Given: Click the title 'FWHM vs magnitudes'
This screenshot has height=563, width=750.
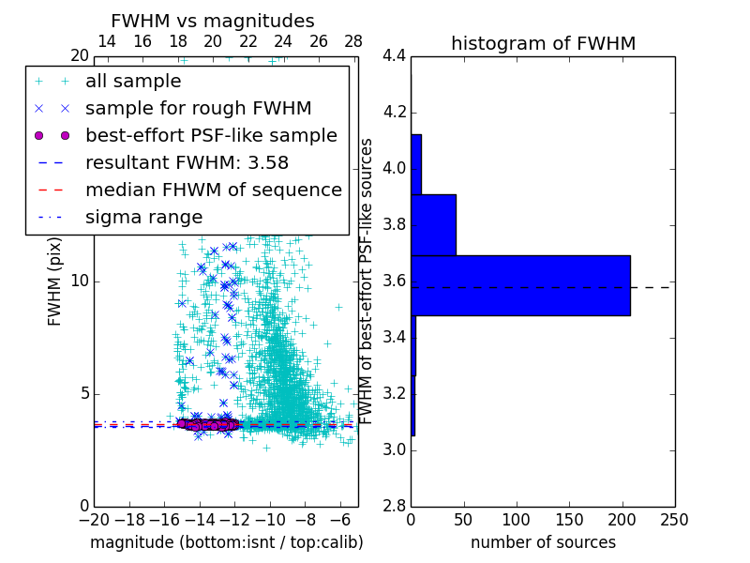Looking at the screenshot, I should [x=213, y=21].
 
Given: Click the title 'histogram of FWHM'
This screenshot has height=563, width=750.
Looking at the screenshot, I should [x=543, y=43].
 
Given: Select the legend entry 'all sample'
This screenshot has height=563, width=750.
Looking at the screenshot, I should [x=133, y=82].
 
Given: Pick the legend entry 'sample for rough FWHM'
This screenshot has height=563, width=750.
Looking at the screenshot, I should [x=199, y=108].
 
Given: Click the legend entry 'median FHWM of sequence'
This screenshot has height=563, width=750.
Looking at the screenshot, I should [x=214, y=190].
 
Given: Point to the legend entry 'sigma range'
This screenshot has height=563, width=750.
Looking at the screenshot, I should [x=143, y=217].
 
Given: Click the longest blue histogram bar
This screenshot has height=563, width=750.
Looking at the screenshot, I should [x=520, y=285].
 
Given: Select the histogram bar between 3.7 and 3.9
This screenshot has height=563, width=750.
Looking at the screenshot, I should [x=433, y=224].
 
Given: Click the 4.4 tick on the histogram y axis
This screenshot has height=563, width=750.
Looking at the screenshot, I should [x=394, y=56].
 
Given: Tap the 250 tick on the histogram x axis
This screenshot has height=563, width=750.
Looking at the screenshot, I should [x=674, y=520].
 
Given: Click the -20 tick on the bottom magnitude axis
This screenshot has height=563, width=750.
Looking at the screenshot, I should [x=94, y=520].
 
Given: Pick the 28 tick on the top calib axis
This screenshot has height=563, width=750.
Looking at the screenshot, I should [x=353, y=41].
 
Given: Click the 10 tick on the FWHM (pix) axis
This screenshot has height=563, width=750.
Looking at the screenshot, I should [x=80, y=281].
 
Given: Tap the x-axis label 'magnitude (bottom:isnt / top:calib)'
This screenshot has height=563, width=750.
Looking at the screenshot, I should [x=226, y=542].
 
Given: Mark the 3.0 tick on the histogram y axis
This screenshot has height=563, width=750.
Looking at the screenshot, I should [x=394, y=449].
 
